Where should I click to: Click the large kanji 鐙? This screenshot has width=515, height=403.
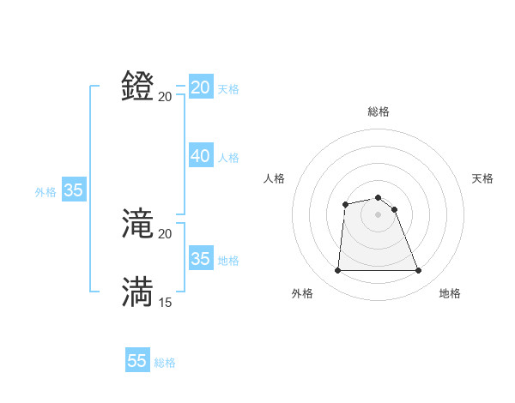pyautogui.click(x=138, y=87)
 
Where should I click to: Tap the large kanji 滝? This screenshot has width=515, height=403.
pyautogui.click(x=138, y=225)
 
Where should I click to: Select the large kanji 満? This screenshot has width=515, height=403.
pyautogui.click(x=138, y=292)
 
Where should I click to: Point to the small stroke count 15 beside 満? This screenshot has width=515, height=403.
pyautogui.click(x=166, y=302)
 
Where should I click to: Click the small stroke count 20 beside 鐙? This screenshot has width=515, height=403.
pyautogui.click(x=166, y=96)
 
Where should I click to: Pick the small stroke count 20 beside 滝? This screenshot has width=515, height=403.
pyautogui.click(x=166, y=234)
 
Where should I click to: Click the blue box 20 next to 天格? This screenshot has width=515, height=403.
pyautogui.click(x=201, y=87)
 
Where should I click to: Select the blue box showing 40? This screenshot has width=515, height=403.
pyautogui.click(x=201, y=156)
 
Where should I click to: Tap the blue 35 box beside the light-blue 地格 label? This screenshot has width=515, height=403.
pyautogui.click(x=201, y=258)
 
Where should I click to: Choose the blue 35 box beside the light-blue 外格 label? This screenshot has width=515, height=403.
pyautogui.click(x=74, y=191)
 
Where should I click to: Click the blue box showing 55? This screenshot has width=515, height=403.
pyautogui.click(x=137, y=361)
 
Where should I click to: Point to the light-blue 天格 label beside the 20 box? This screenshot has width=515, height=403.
pyautogui.click(x=228, y=88)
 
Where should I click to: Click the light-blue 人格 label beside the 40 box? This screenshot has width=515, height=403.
pyautogui.click(x=228, y=157)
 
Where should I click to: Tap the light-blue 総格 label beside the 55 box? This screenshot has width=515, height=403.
pyautogui.click(x=165, y=363)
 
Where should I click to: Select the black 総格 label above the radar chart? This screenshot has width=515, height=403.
pyautogui.click(x=379, y=111)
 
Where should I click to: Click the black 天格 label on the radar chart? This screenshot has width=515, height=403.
pyautogui.click(x=482, y=178)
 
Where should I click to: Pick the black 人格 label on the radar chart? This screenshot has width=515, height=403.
pyautogui.click(x=275, y=178)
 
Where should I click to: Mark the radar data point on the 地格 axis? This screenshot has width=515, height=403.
pyautogui.click(x=419, y=271)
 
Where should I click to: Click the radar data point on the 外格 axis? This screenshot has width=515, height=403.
pyautogui.click(x=337, y=271)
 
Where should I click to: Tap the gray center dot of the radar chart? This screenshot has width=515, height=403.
pyautogui.click(x=379, y=214)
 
